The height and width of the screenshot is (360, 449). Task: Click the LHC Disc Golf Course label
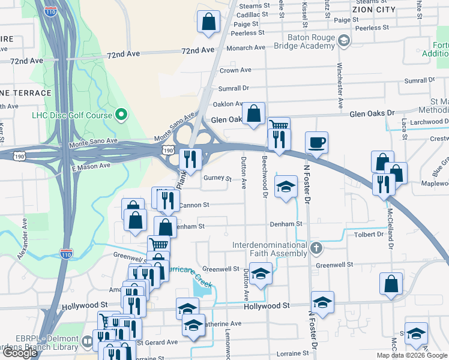tap(73, 115)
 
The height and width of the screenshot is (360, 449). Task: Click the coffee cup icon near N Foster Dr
tap(316, 143)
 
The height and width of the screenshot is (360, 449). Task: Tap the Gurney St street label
tap(217, 178)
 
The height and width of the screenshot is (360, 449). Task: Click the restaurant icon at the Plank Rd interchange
tap(190, 160)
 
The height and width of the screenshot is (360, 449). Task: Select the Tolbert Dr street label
tap(369, 235)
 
